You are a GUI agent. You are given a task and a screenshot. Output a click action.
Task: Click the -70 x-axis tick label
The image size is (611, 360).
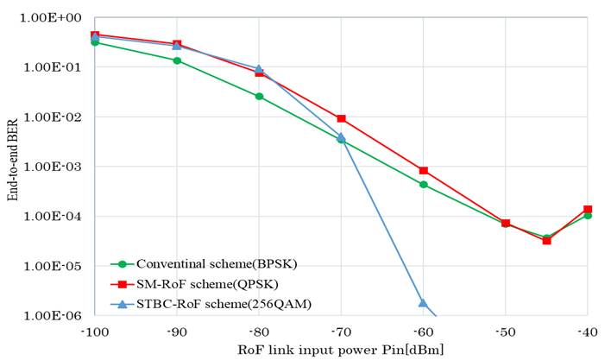click(x=342, y=332)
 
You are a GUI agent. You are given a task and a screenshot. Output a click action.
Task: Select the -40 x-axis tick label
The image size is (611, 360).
click(x=588, y=332)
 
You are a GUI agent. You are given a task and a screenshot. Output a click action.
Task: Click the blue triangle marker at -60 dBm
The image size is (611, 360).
click(x=423, y=303)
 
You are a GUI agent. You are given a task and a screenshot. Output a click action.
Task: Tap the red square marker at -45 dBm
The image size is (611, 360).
click(x=546, y=240)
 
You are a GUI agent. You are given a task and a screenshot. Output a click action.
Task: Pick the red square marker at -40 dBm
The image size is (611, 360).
click(x=588, y=209)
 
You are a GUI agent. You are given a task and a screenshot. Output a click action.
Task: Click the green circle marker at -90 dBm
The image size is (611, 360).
click(x=177, y=60)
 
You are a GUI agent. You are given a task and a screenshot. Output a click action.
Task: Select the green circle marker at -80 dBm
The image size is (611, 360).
click(x=259, y=97)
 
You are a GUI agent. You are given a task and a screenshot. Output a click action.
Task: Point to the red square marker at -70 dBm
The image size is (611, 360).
click(x=342, y=118)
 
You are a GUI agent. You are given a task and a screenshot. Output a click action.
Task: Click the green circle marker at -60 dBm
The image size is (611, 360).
click(x=424, y=185)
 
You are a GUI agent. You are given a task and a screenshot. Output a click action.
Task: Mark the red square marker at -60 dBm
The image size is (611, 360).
click(x=424, y=171)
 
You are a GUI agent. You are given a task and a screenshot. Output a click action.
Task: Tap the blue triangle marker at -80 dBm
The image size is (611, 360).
click(x=259, y=69)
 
